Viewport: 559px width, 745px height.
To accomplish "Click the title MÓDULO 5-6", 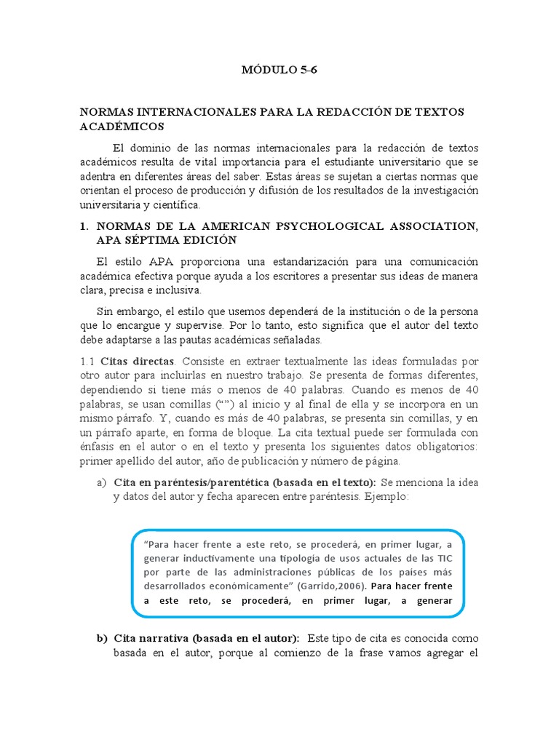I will point(279,71).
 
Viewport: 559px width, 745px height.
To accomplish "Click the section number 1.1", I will point(87,361).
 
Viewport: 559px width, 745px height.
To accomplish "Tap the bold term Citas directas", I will point(138,361).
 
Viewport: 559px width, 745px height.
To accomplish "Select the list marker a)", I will point(101,482).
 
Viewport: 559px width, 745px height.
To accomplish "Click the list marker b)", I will point(102,638).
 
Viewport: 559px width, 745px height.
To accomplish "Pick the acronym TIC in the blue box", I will point(445,557).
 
